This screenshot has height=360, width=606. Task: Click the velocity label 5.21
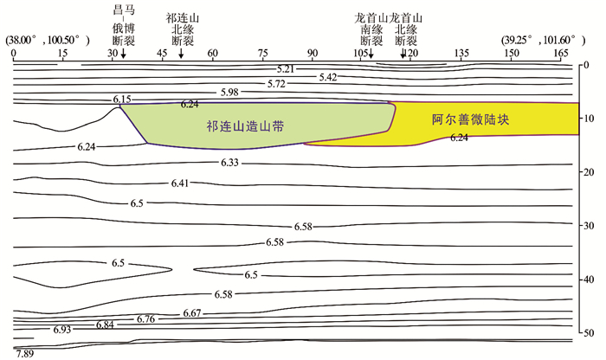pyautogui.click(x=285, y=68)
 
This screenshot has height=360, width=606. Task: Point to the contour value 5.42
pyautogui.click(x=327, y=77)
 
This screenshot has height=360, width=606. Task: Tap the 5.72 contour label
pyautogui.click(x=276, y=84)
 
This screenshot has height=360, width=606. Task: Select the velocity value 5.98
pyautogui.click(x=229, y=92)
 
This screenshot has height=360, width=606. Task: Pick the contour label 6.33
pyautogui.click(x=229, y=163)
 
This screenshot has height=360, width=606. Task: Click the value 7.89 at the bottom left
pyautogui.click(x=23, y=353)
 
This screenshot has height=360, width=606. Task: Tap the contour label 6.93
pyautogui.click(x=61, y=331)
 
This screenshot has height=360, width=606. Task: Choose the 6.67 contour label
pyautogui.click(x=192, y=312)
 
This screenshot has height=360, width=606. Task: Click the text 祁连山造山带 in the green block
pyautogui.click(x=246, y=126)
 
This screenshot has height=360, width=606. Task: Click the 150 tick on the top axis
pyautogui.click(x=512, y=53)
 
